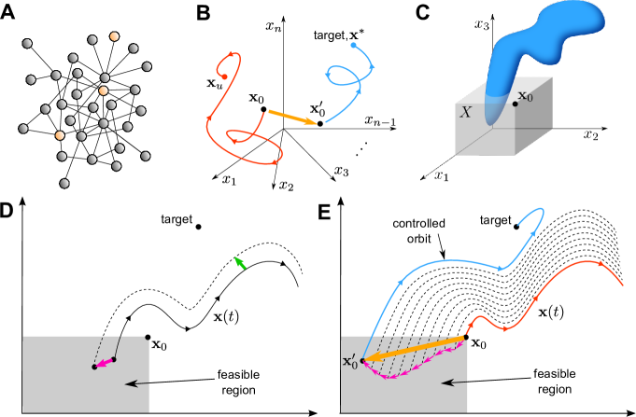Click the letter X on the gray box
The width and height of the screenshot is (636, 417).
coord(465,113)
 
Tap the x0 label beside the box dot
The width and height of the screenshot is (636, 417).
coord(526,95)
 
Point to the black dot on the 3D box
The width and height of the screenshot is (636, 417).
coord(515,103)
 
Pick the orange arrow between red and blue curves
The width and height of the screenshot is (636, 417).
coord(292,117)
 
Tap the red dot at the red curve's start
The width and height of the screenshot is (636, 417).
coord(224,76)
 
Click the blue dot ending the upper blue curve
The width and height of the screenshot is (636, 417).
coord(353,45)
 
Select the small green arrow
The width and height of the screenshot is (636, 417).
coord(240,263)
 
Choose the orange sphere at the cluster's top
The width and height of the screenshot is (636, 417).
coord(115,36)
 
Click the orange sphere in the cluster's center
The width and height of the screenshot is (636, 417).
coord(104,90)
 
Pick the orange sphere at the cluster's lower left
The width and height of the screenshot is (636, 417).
coord(60,135)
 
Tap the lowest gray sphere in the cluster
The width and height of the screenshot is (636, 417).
coord(64,183)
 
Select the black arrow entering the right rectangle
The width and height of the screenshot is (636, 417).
coord(454,382)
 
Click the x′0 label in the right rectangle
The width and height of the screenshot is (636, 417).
coord(349,364)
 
